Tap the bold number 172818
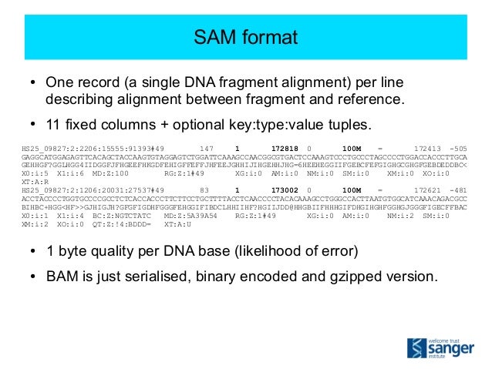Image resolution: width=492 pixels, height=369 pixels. (x=285, y=146)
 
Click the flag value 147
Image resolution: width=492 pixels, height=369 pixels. (x=206, y=146)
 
